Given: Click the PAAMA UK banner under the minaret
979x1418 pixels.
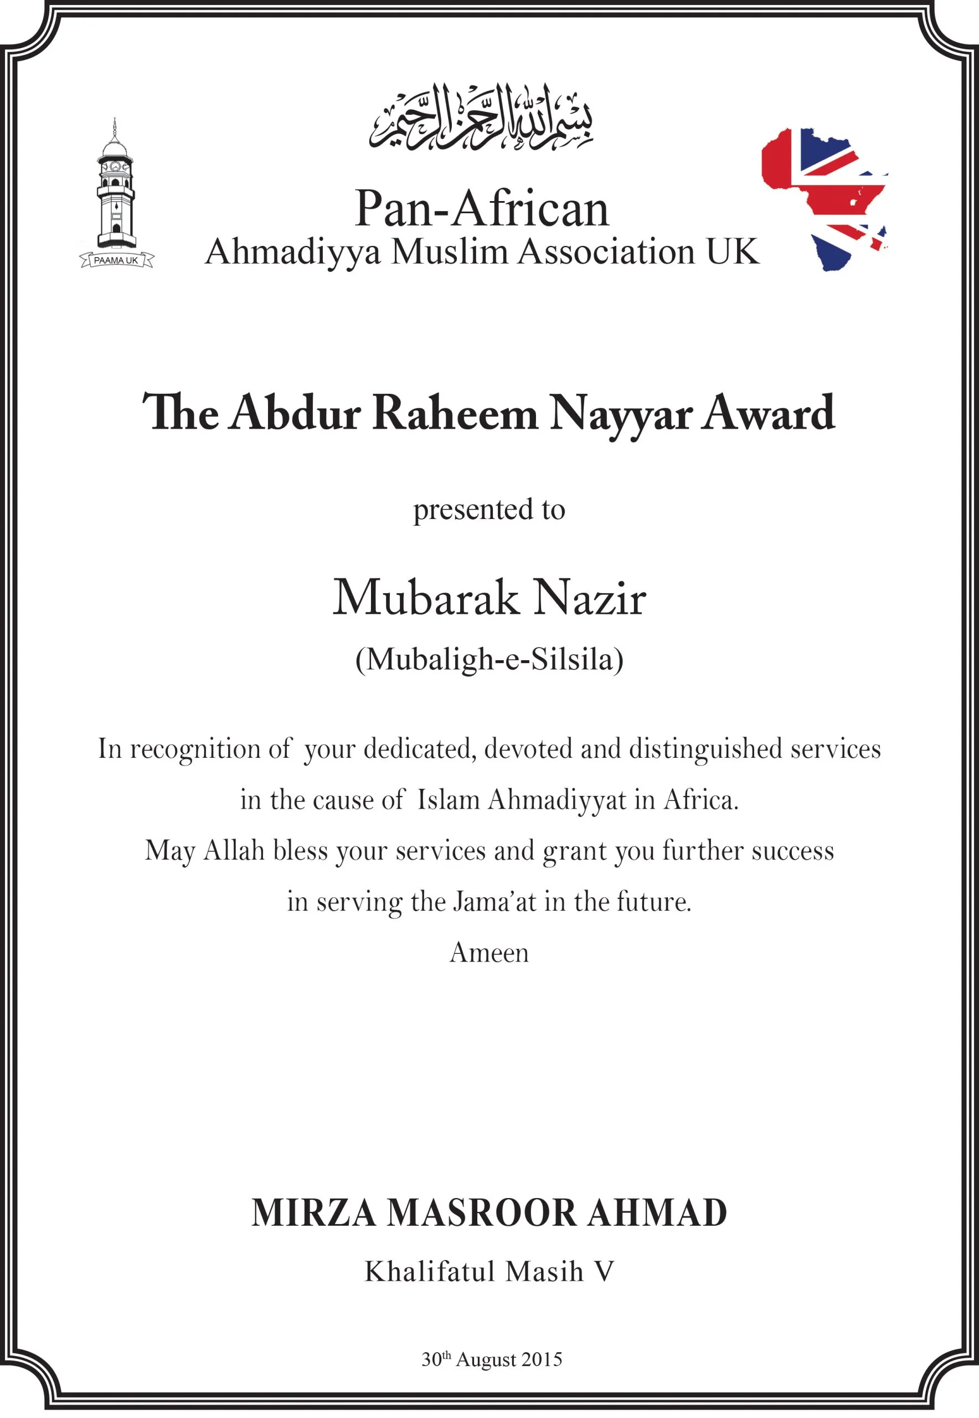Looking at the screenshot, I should click(116, 260).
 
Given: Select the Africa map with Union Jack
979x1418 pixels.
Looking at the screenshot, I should click(823, 198).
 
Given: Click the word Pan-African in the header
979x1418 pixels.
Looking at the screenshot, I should click(482, 209).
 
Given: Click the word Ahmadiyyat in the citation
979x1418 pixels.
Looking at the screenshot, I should click(557, 800).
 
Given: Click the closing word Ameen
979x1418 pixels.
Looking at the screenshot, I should click(489, 953).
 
